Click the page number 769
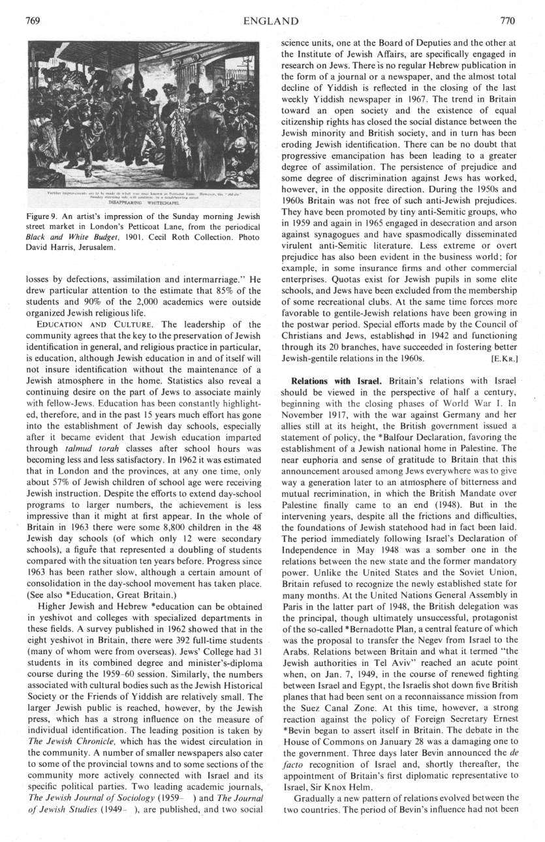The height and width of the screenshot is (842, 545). [x=33, y=21]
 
